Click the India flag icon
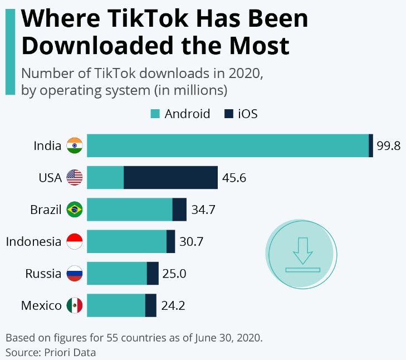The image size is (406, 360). click(x=74, y=146)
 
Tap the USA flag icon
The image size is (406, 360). click(x=74, y=178)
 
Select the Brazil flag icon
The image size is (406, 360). click(x=74, y=210)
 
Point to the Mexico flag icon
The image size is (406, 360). click(x=74, y=305)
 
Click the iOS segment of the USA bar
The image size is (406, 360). click(x=170, y=178)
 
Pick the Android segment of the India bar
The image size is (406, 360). click(x=227, y=146)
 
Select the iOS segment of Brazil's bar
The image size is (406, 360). click(x=179, y=210)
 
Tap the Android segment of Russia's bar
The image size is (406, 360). click(x=116, y=274)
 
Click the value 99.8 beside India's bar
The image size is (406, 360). click(x=388, y=146)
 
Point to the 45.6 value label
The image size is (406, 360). click(x=234, y=178)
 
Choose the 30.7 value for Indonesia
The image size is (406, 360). click(x=192, y=242)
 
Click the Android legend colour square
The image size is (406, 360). click(x=155, y=114)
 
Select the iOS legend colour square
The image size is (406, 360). click(x=228, y=114)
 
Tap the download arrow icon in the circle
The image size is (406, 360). click(x=302, y=254)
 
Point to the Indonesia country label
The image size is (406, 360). click(x=33, y=242)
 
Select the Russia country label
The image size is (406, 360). click(x=43, y=274)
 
